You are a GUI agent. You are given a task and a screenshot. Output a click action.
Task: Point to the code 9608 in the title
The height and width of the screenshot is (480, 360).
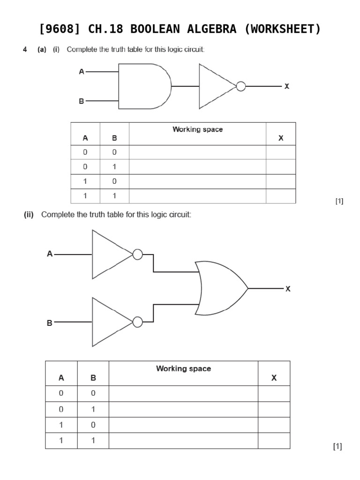click(61, 29)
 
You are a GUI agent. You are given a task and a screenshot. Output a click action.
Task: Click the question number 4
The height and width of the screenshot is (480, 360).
click(25, 50)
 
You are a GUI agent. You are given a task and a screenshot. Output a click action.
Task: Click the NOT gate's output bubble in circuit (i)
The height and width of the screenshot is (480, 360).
click(241, 87)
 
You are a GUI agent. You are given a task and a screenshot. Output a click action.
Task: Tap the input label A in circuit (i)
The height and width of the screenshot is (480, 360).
click(82, 72)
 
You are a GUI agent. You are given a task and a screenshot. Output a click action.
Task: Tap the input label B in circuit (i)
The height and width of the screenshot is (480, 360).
click(82, 101)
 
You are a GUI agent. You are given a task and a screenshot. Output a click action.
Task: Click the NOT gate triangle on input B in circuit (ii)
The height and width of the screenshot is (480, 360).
click(112, 322)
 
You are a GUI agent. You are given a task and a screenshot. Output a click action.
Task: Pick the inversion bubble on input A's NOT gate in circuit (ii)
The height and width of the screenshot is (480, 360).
click(137, 255)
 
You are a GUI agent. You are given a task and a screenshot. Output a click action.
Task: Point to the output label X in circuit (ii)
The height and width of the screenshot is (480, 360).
click(288, 289)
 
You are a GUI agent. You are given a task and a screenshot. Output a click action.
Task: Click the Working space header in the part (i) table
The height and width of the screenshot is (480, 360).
click(197, 129)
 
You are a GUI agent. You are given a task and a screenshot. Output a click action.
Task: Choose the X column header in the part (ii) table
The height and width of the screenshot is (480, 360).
click(274, 378)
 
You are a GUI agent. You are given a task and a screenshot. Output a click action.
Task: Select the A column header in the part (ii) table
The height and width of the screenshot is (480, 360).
click(61, 378)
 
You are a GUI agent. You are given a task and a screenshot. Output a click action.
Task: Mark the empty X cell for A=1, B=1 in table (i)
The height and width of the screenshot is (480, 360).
click(281, 196)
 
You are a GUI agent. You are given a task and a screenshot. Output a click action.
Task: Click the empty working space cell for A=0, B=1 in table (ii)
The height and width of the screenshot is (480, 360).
click(183, 409)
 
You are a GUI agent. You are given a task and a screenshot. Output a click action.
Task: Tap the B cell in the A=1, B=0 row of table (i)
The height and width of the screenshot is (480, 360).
click(114, 181)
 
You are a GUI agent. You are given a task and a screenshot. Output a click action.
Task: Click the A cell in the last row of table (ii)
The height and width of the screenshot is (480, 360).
click(61, 441)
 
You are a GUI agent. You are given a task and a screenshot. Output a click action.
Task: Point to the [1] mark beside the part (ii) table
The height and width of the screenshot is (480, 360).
click(337, 447)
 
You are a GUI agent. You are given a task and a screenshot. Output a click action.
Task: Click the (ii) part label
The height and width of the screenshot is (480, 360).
click(29, 215)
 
